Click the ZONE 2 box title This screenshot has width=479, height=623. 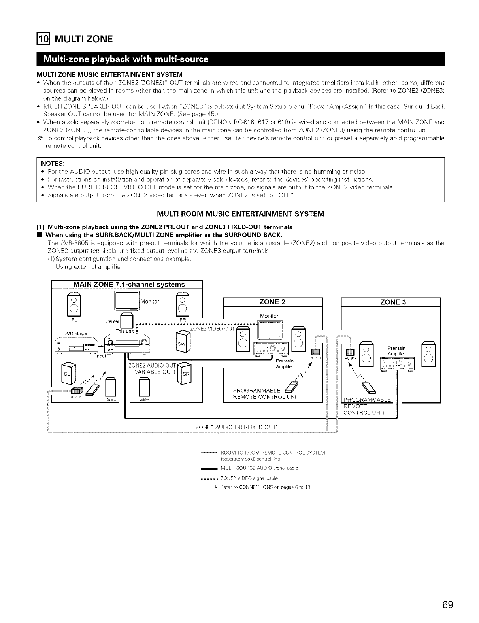point(273,302)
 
